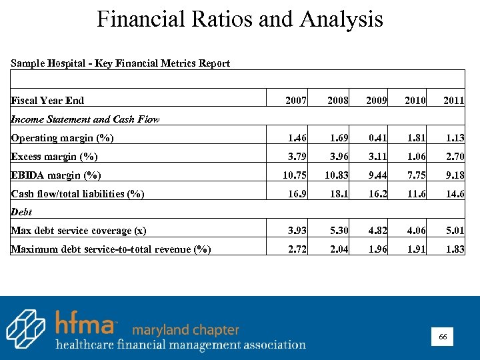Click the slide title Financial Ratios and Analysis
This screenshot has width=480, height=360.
pos(240,19)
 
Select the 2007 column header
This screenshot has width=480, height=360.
pos(296,101)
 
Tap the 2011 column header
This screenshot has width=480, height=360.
pos(454,101)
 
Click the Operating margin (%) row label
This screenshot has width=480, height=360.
pos(62,139)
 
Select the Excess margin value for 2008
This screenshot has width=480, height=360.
pos(339,157)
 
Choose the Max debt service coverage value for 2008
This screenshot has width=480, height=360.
pos(339,231)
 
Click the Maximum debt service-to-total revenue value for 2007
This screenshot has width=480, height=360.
pos(296,249)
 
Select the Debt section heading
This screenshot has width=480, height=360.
pos(21,212)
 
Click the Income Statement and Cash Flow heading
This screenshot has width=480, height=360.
pos(85,120)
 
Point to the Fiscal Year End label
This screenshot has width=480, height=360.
pos(47,101)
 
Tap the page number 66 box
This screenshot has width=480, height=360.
pos(443,338)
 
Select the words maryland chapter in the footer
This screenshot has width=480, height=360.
pos(185,330)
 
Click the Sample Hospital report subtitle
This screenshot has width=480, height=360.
pos(120,63)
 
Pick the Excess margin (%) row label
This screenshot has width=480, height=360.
pos(54,157)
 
